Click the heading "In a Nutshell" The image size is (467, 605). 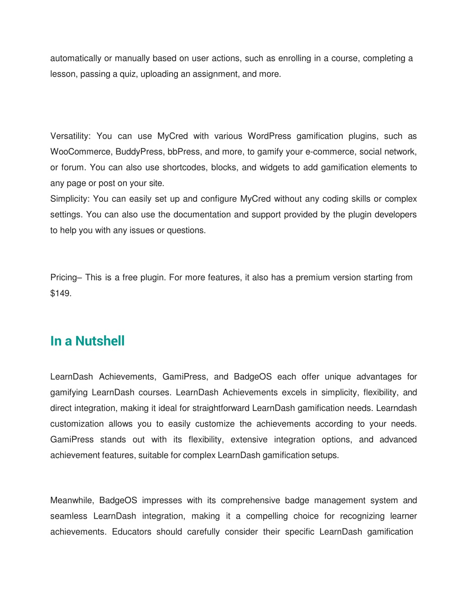tap(87, 341)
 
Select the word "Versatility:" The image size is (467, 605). tap(71, 136)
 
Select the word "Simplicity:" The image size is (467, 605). tap(70, 199)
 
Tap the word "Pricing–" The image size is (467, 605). tap(66, 278)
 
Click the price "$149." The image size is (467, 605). tap(61, 293)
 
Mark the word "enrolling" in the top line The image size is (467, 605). tap(294, 58)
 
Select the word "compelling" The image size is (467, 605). tap(267, 516)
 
